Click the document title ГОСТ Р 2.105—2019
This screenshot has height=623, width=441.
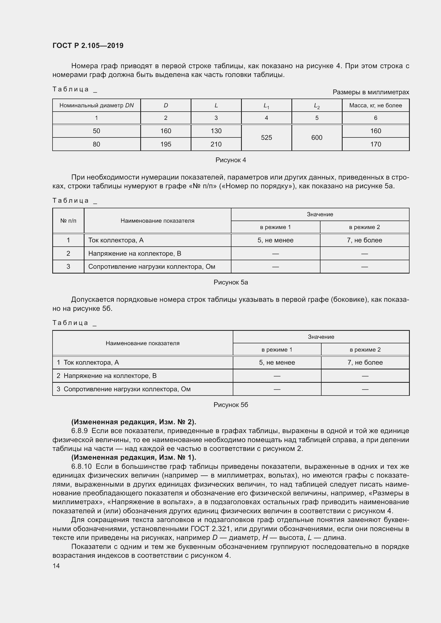88,46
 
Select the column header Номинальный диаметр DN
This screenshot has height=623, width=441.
97,105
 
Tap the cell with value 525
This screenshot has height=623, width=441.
266,137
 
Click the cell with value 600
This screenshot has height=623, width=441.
317,137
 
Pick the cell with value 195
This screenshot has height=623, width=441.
166,144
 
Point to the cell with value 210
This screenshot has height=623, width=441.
216,144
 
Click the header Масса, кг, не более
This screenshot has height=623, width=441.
375,105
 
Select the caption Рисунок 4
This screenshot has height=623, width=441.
231,160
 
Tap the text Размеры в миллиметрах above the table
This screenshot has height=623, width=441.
371,92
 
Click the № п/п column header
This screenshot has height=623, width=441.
68,221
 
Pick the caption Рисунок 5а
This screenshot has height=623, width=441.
231,282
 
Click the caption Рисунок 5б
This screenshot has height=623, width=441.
231,405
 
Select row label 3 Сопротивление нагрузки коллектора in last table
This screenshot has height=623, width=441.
123,389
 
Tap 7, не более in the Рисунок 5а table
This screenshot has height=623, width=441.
364,240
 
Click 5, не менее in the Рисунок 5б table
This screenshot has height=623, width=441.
277,363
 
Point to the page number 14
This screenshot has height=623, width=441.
56,566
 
